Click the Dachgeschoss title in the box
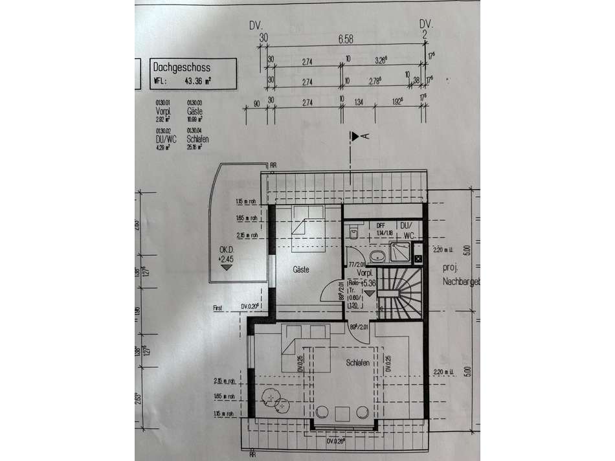tap(182, 66)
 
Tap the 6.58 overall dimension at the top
tap(344, 39)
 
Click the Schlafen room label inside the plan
tap(357, 363)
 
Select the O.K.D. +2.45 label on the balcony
tap(225, 254)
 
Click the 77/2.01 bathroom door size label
tap(357, 264)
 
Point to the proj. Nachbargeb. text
tap(460, 275)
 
